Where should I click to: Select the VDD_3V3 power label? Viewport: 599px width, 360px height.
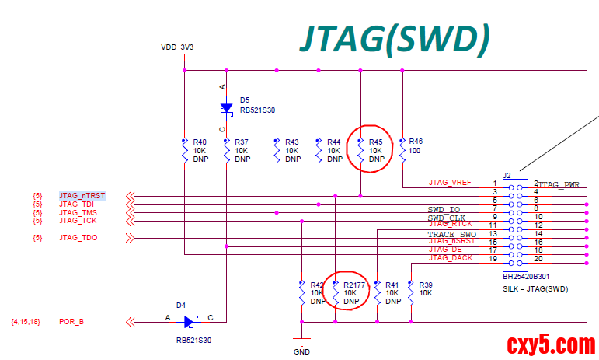click(x=177, y=47)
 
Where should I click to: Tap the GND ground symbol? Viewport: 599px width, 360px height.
click(x=301, y=341)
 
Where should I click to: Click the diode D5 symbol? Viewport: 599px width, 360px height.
click(x=226, y=108)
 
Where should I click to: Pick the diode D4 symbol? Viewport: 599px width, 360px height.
click(x=189, y=320)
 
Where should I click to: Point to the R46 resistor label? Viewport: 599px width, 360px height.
click(x=416, y=142)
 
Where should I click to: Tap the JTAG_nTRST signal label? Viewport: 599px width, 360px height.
click(x=82, y=195)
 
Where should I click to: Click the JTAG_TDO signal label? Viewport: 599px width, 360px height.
click(x=78, y=237)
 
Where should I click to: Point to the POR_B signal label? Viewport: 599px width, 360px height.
click(x=71, y=320)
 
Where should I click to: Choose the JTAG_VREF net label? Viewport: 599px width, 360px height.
click(x=451, y=183)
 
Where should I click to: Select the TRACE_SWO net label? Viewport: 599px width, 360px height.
click(x=451, y=234)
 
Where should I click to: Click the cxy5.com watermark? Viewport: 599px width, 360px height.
click(x=551, y=343)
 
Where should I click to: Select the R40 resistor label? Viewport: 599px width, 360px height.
click(x=200, y=142)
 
